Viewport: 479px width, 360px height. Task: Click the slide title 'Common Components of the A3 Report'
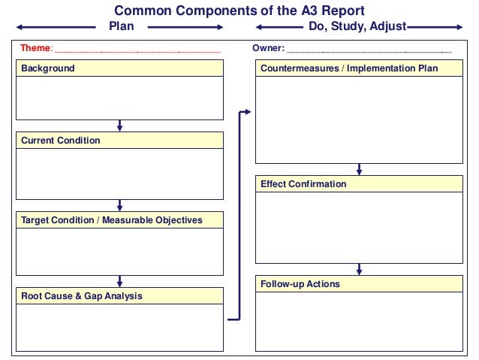239,11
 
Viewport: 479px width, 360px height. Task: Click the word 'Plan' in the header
122,26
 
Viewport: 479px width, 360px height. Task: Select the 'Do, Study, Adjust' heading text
357,26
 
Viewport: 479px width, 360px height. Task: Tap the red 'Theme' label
35,48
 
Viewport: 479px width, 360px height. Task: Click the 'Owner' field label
268,48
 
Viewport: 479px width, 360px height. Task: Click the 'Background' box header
48,68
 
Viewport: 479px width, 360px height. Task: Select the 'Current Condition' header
60,141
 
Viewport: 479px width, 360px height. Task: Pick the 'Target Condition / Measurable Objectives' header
112,220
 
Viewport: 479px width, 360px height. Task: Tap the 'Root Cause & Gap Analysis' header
82,296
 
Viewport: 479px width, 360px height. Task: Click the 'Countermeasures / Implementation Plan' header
349,68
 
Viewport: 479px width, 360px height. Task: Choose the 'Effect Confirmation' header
303,184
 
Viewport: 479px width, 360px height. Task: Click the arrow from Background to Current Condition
120,126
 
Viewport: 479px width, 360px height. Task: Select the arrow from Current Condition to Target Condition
120,205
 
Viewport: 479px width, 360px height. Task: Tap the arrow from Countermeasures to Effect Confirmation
360,169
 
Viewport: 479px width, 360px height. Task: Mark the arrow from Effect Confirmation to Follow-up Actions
360,269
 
